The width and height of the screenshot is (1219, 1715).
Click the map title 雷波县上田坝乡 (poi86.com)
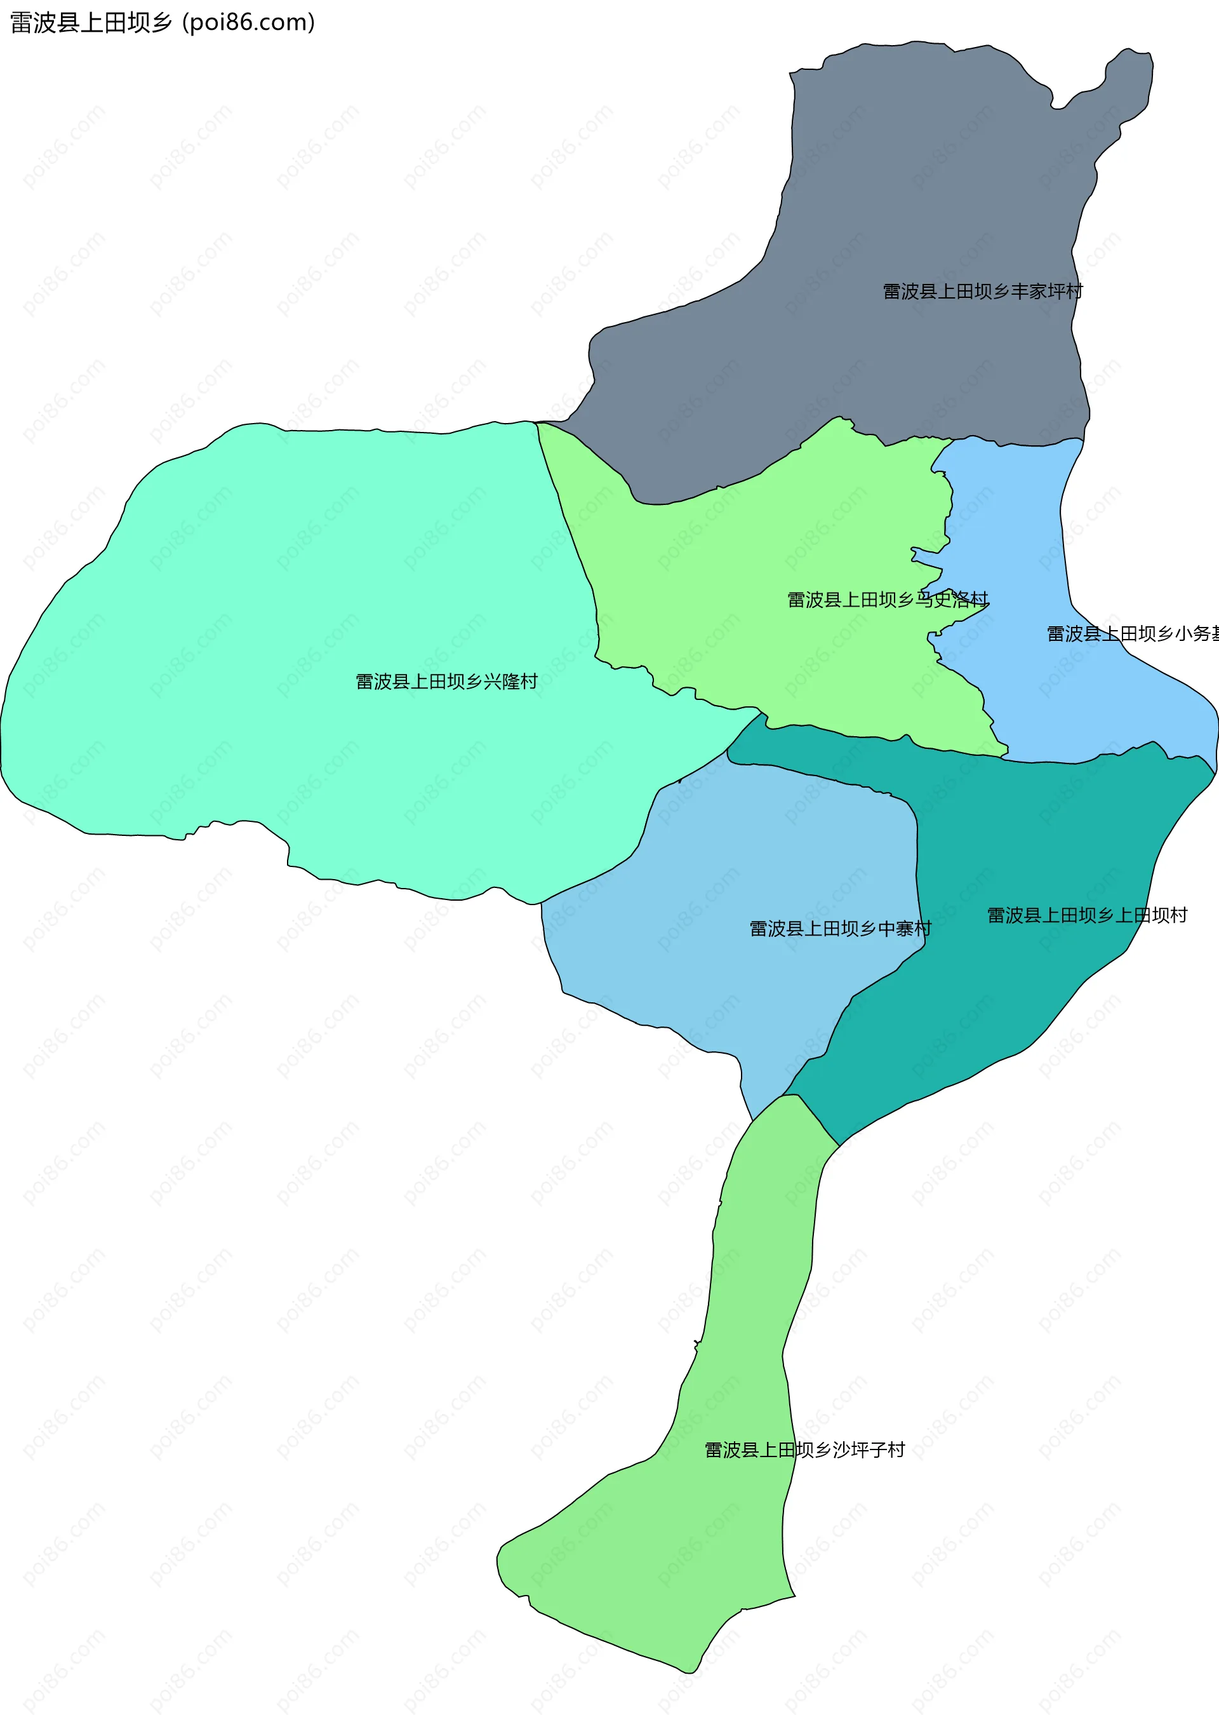pos(162,22)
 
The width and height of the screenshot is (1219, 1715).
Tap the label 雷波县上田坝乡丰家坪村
pos(983,292)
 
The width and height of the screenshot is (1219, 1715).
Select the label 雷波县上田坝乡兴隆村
pos(446,682)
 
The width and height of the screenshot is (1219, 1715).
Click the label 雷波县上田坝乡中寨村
pos(840,929)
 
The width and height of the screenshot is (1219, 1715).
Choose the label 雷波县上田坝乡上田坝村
pos(1087,915)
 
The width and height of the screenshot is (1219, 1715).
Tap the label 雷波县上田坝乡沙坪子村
pos(804,1450)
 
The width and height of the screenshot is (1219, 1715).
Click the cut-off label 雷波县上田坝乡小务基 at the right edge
pos(1132,634)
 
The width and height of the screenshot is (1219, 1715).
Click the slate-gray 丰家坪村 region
pos(901,188)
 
